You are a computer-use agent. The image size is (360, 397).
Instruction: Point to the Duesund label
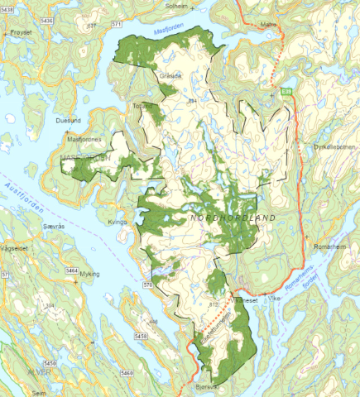point(68,121)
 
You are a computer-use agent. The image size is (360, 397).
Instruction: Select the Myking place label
point(89,274)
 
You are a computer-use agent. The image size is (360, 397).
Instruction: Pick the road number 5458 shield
point(141,336)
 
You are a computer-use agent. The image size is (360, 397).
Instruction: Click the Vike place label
point(276,302)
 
